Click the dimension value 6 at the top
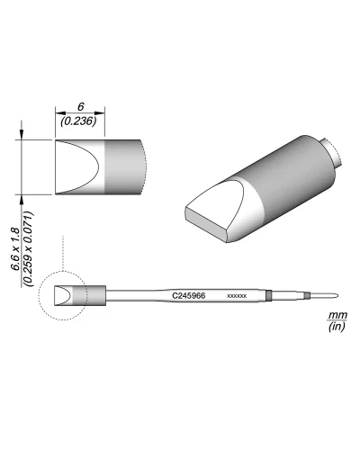click(80, 106)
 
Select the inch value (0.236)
click(78, 121)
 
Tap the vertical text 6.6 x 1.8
click(15, 249)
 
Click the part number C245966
click(189, 296)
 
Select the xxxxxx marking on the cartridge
click(237, 296)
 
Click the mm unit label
click(337, 315)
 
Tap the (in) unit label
click(337, 326)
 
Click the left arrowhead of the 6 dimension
click(59, 113)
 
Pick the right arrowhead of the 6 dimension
click(100, 113)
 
